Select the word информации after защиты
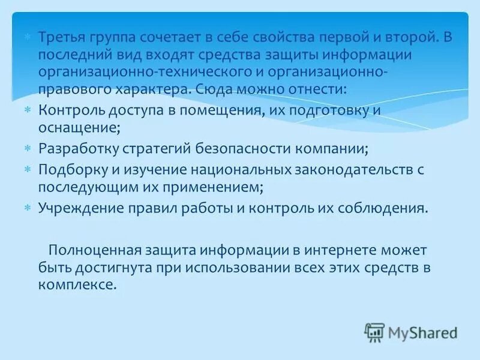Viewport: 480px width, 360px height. click(376, 55)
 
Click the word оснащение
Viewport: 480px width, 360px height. click(78, 128)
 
